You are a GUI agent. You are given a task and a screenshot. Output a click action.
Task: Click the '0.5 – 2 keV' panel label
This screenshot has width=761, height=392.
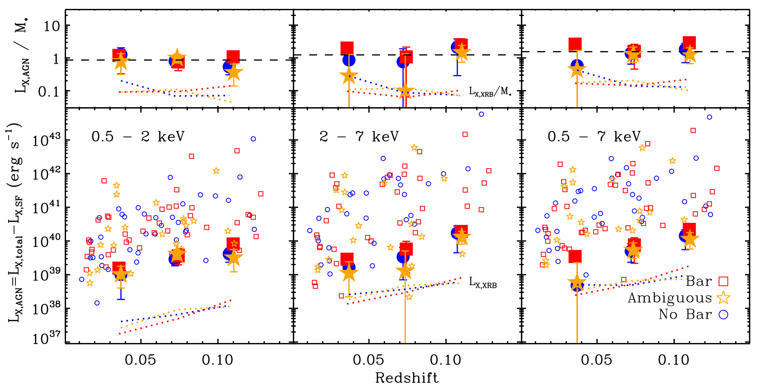pyautogui.click(x=138, y=136)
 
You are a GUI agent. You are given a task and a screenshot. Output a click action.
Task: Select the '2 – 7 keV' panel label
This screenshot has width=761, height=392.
pyautogui.click(x=359, y=136)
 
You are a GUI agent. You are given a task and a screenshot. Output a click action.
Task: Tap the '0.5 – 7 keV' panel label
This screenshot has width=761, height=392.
pyautogui.click(x=594, y=136)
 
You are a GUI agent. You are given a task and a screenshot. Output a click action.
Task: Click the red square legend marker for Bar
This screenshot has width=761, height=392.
pyautogui.click(x=723, y=281)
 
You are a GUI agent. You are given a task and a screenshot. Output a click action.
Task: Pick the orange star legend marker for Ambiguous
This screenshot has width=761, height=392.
pyautogui.click(x=723, y=298)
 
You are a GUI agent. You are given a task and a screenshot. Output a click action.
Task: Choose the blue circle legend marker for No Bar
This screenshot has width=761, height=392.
pyautogui.click(x=723, y=314)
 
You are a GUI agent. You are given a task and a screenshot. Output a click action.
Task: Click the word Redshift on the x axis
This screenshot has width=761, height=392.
pyautogui.click(x=407, y=378)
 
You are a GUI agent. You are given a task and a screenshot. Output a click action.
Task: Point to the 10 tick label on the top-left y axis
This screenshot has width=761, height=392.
pyautogui.click(x=52, y=26)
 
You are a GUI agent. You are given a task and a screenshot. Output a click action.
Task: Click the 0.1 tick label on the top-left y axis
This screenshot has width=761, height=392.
pyautogui.click(x=49, y=92)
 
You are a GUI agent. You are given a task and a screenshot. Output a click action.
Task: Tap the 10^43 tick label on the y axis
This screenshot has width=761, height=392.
pyautogui.click(x=46, y=140)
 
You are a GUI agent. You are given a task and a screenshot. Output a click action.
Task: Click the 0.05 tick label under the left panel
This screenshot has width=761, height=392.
pyautogui.click(x=140, y=360)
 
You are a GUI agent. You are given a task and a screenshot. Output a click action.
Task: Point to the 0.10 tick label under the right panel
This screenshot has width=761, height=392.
pyautogui.click(x=673, y=360)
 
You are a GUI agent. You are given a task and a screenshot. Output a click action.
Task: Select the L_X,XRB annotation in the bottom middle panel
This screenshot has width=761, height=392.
pyautogui.click(x=483, y=282)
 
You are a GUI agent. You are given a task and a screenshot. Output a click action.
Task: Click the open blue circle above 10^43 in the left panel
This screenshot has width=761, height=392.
pyautogui.click(x=253, y=139)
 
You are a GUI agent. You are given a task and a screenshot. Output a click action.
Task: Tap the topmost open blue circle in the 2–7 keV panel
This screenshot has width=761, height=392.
pyautogui.click(x=481, y=114)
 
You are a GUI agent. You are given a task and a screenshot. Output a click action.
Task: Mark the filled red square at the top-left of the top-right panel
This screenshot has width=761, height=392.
pyautogui.click(x=575, y=44)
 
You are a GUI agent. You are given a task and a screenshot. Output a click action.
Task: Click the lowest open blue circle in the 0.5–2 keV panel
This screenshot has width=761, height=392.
pyautogui.click(x=97, y=303)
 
